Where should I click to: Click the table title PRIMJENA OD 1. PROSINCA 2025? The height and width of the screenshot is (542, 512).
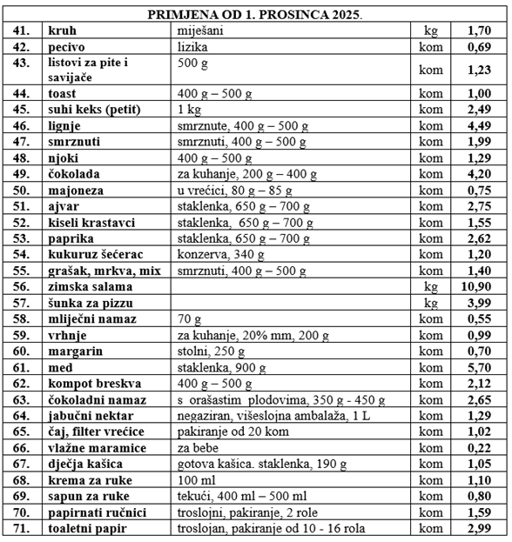(255, 15)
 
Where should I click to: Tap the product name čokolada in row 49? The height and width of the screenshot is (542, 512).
(79, 175)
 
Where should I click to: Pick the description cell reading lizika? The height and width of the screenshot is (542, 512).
(192, 45)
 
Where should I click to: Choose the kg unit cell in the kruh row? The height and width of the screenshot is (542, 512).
(429, 30)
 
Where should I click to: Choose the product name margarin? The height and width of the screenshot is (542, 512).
(76, 351)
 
